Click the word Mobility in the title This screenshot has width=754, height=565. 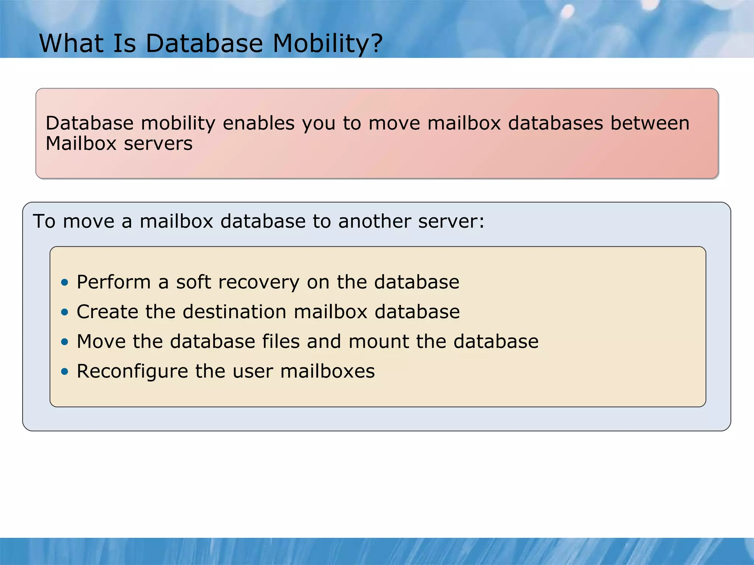[320, 44]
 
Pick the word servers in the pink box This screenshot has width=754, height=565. [158, 143]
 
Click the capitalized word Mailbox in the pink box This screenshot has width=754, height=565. [81, 143]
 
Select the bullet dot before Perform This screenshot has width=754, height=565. [65, 282]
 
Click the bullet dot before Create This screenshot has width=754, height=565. [65, 312]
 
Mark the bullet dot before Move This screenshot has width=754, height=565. [65, 342]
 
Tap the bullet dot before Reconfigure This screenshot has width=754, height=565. [65, 372]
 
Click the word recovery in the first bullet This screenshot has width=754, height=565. [259, 282]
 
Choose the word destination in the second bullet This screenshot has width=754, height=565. [235, 312]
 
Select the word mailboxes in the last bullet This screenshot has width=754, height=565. [327, 371]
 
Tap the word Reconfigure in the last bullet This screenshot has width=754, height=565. [133, 372]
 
